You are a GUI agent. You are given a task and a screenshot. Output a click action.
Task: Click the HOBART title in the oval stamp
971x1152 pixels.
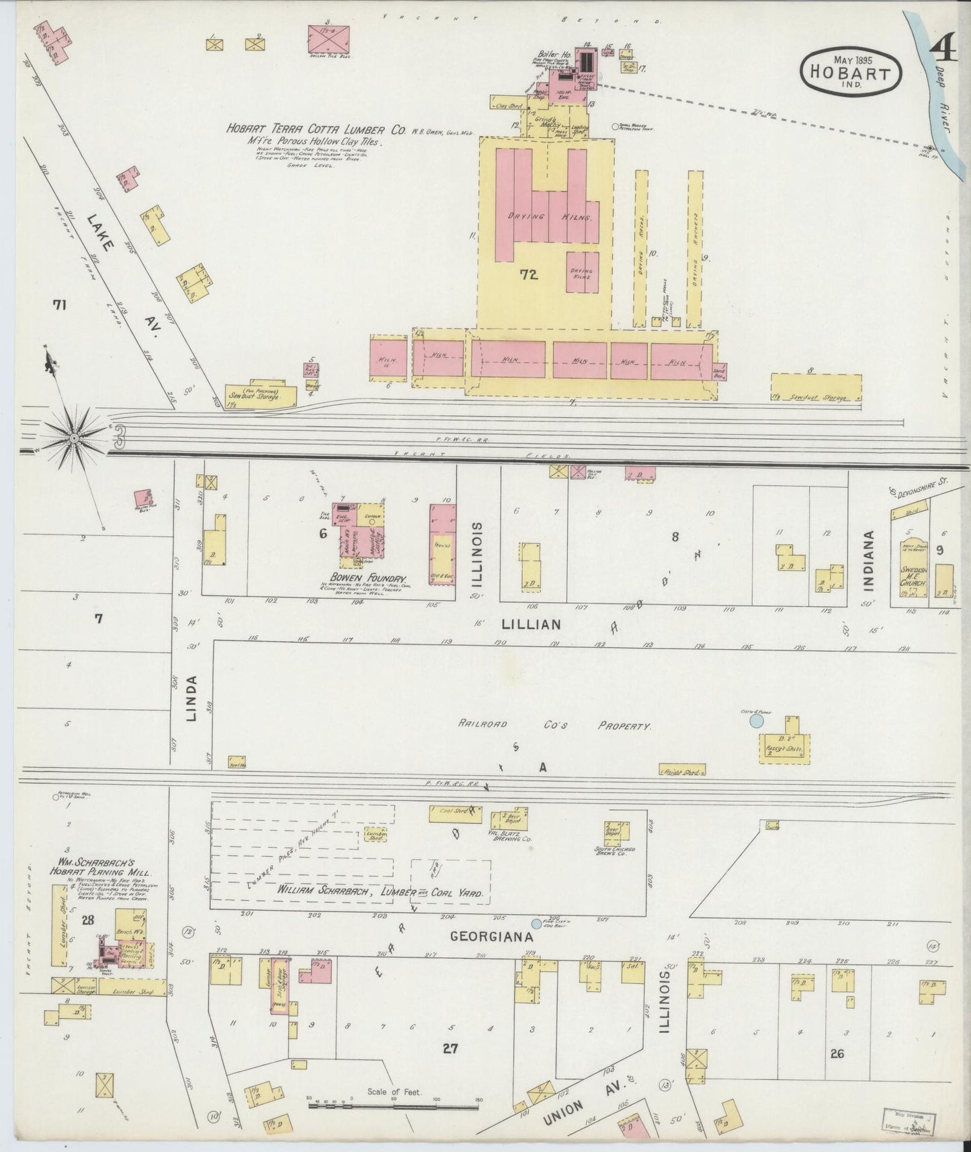(851, 73)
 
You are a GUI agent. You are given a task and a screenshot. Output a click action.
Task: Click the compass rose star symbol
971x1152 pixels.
(74, 438)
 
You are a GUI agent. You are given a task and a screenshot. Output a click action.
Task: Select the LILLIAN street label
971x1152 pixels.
(531, 624)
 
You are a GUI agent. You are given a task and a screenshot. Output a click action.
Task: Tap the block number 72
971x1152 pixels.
(529, 274)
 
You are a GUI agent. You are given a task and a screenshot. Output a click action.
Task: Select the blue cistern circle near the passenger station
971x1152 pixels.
(756, 721)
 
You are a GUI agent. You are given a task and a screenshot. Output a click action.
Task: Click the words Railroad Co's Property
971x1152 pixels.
(555, 726)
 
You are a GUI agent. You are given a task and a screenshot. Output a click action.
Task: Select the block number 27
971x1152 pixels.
(450, 1048)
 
